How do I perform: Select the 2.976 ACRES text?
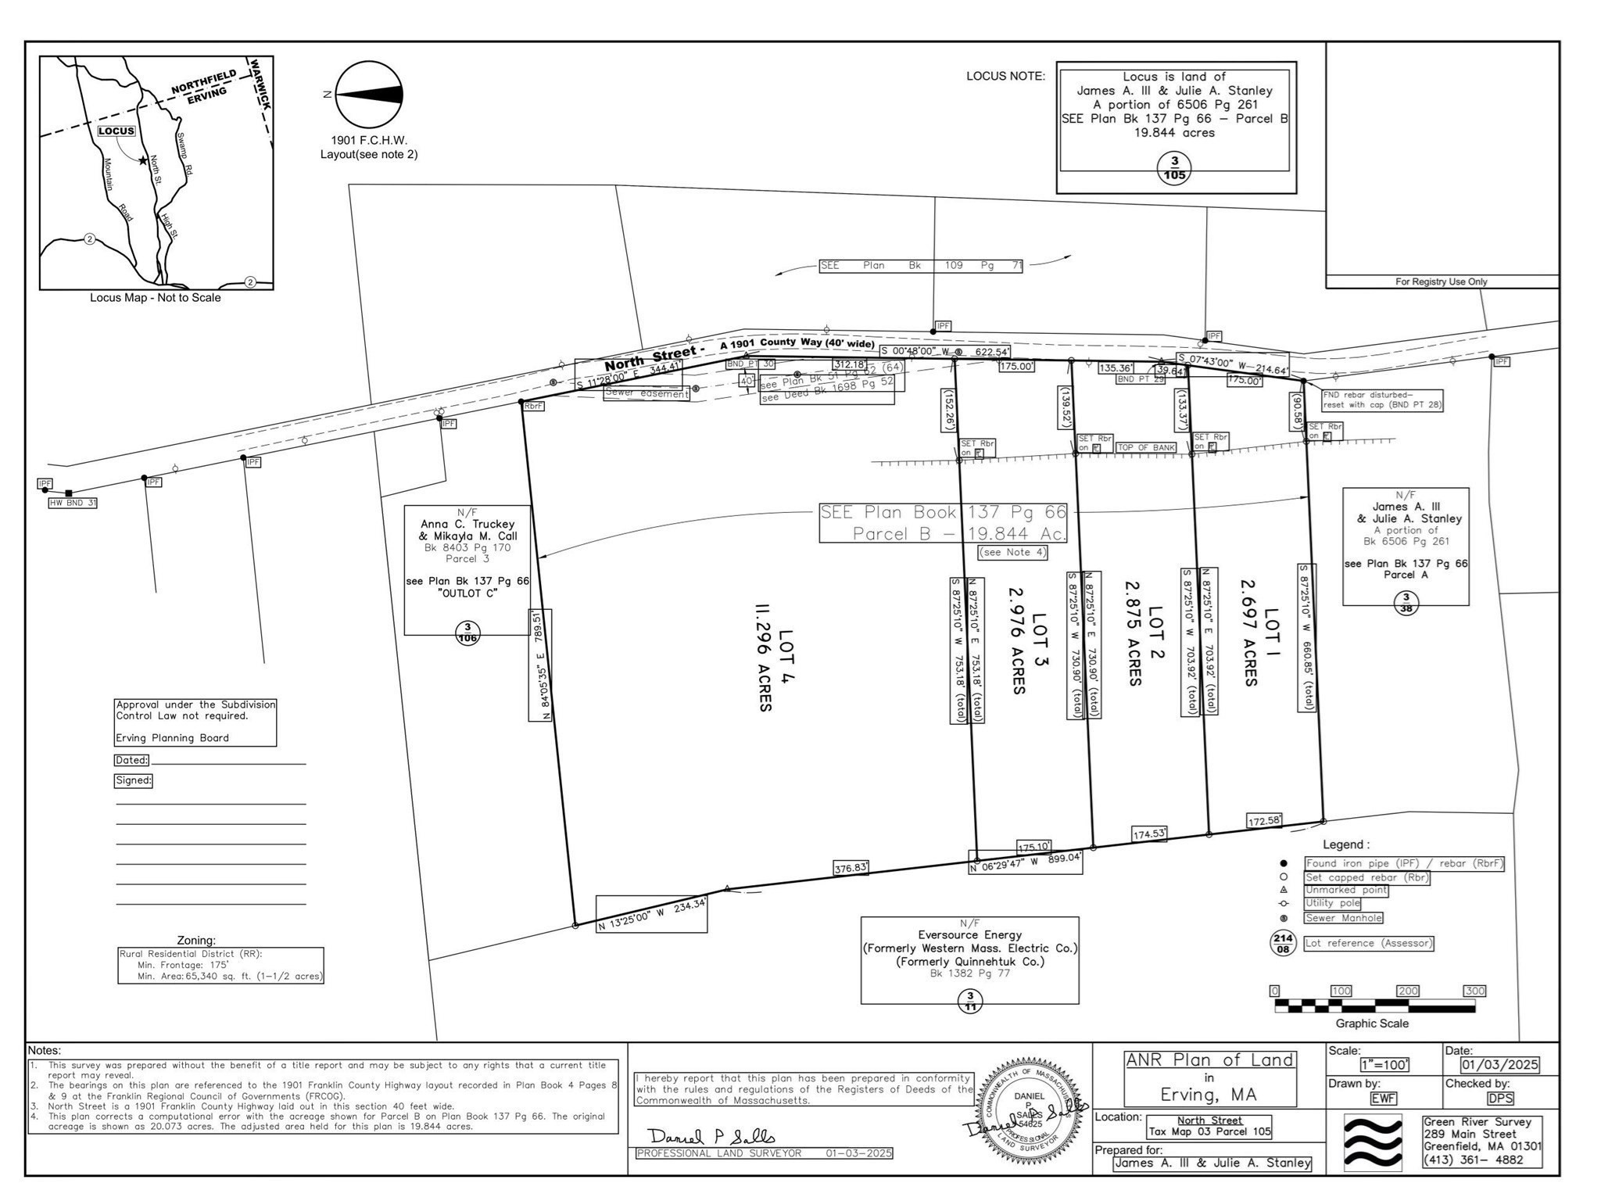1017,640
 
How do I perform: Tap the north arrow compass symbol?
370,95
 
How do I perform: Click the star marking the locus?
142,161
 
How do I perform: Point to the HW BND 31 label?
73,503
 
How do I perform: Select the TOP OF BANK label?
1146,448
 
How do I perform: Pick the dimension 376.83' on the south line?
851,868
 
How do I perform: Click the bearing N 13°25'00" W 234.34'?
651,924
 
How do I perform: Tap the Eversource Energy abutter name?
969,934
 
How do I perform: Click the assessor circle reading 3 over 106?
467,633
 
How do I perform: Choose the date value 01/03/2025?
1499,1065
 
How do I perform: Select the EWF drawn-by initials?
1384,1098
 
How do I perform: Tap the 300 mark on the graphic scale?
1474,991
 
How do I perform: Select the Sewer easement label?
646,394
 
